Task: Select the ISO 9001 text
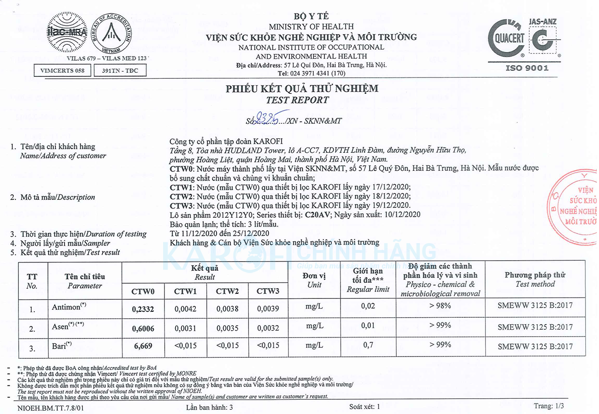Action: coord(527,68)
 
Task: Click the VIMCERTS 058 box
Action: coord(62,71)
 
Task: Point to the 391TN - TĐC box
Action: coord(115,71)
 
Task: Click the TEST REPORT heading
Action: coord(298,100)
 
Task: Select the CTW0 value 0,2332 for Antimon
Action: coord(143,309)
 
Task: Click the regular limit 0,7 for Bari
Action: coord(368,345)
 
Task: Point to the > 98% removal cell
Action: coord(440,306)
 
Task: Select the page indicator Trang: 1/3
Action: coord(548,406)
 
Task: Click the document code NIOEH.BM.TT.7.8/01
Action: coord(52,408)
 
